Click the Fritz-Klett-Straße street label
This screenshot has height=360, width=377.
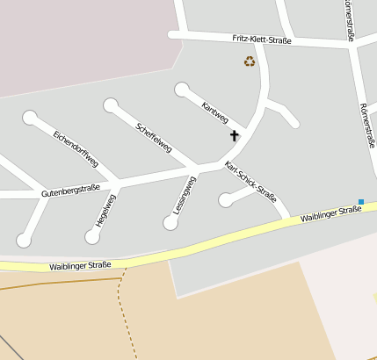[262, 40]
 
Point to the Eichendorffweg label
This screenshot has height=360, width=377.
[76, 149]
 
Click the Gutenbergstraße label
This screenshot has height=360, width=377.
[70, 189]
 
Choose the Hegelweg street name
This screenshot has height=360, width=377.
[105, 211]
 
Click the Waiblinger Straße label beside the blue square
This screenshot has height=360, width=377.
[330, 213]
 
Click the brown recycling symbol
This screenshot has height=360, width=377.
[250, 61]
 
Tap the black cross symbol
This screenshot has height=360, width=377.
[235, 136]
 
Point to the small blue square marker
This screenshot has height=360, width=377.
[360, 202]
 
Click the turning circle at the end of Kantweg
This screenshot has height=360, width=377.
[182, 89]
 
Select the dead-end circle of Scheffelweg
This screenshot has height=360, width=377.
[111, 105]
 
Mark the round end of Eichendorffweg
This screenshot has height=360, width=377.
[30, 117]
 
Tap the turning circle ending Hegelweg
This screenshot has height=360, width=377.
[92, 236]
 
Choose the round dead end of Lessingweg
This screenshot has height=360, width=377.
[170, 223]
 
